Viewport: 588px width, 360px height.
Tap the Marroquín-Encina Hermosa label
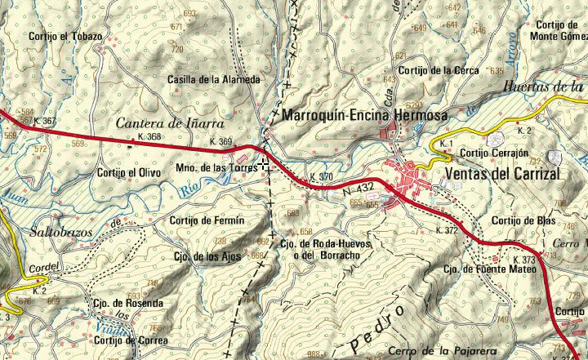[x=364, y=117]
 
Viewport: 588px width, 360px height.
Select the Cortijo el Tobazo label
[x=65, y=37]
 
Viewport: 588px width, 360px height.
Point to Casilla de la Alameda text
[x=213, y=79]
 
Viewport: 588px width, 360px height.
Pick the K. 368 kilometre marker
[x=150, y=137]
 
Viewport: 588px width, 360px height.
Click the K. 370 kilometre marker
[x=322, y=177]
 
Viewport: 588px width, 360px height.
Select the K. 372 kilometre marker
[x=447, y=230]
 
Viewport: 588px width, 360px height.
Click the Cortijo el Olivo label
[x=128, y=172]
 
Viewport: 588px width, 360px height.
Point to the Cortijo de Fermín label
[x=207, y=220]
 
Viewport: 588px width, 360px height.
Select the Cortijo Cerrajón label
[x=495, y=153]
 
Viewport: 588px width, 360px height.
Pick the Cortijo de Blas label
[x=523, y=220]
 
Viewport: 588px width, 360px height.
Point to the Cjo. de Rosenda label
[x=127, y=303]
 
